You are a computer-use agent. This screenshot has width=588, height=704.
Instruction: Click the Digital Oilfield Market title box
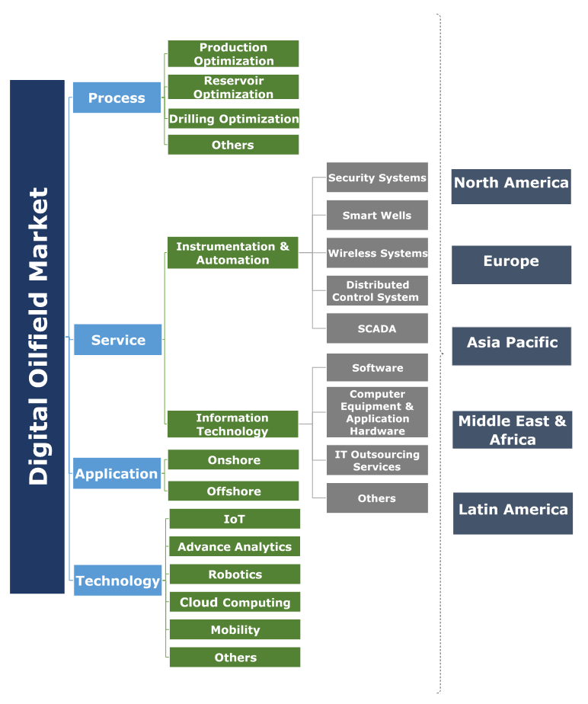click(x=37, y=336)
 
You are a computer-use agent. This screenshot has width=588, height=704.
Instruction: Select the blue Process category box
click(x=117, y=98)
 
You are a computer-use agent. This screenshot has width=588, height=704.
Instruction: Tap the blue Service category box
click(x=117, y=340)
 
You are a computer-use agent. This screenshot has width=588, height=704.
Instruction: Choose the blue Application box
click(x=117, y=474)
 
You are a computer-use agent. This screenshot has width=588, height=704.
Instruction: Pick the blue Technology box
click(x=118, y=581)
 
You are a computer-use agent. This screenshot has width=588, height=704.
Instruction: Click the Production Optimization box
click(x=233, y=54)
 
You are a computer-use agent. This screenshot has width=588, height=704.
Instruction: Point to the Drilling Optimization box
click(x=233, y=119)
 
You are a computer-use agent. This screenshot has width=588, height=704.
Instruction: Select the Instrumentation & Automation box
click(x=232, y=253)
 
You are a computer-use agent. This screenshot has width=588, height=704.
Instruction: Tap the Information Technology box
click(x=232, y=424)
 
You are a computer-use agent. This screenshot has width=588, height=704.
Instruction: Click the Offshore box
click(x=234, y=491)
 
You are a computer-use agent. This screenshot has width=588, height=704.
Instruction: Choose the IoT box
click(x=235, y=519)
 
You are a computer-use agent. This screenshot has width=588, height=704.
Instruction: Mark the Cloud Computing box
click(x=235, y=602)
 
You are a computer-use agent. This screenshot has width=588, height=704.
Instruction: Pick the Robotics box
click(x=235, y=574)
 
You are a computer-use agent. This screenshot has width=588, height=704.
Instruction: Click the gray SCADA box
click(x=377, y=329)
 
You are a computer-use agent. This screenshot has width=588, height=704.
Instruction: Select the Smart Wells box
click(x=377, y=216)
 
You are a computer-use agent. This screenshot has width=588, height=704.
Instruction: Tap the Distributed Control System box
click(x=377, y=291)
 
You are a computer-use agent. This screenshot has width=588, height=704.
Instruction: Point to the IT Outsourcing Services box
click(x=377, y=460)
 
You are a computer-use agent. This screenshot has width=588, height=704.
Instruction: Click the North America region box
click(x=511, y=183)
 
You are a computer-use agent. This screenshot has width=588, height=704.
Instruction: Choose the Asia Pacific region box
click(x=512, y=343)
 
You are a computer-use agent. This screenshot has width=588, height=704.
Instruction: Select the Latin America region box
click(x=513, y=510)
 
